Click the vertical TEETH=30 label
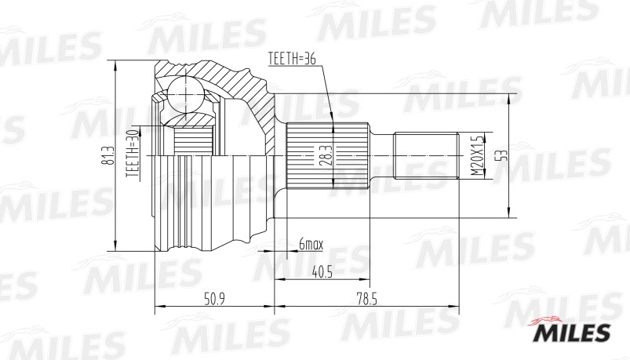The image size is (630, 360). pos(132,154)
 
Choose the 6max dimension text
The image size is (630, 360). pos(310,245)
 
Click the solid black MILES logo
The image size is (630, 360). pos(572,333)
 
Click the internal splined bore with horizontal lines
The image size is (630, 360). pos(193,140)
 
